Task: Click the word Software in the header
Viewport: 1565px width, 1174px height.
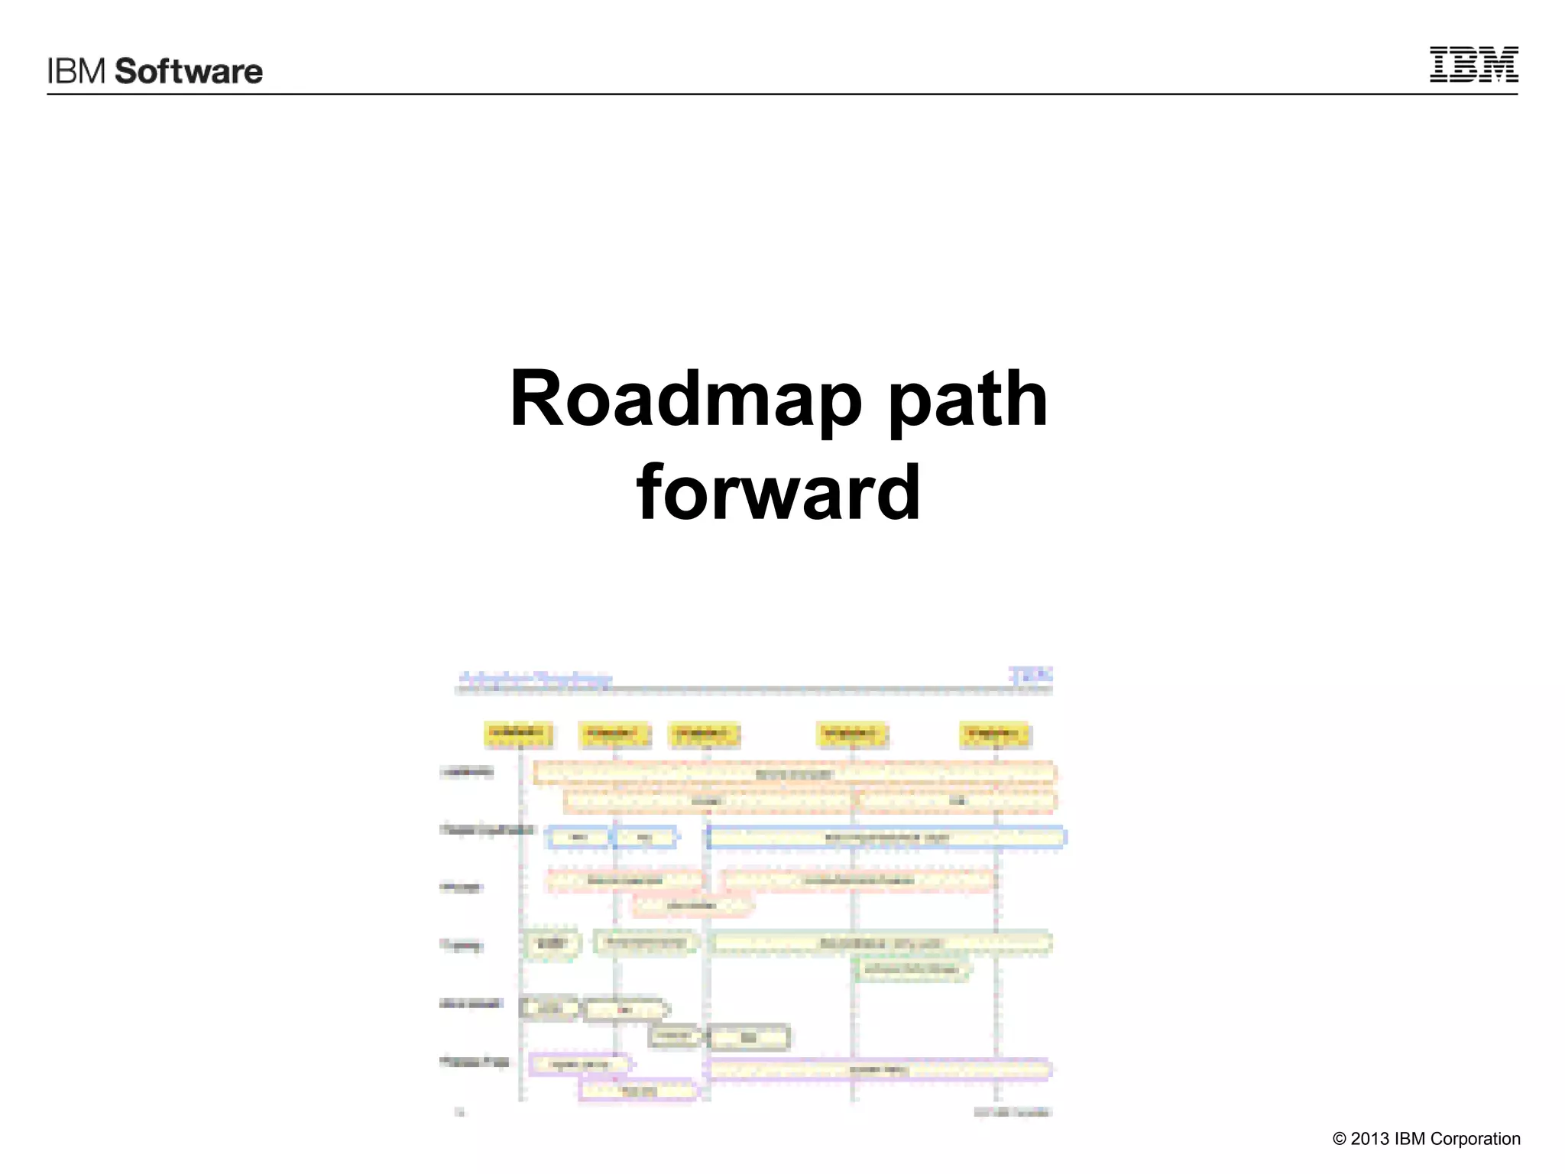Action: (188, 71)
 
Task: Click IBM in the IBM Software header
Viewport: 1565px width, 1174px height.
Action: (76, 71)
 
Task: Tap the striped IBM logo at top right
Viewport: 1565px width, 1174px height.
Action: (1473, 64)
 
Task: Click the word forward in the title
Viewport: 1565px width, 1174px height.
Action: (778, 492)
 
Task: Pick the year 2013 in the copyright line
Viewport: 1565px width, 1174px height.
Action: (1369, 1139)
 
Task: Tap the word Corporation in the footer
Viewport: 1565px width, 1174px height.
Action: (1475, 1139)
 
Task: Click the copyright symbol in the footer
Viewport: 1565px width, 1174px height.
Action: (1339, 1139)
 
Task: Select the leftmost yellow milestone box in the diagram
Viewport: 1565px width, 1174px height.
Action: (518, 734)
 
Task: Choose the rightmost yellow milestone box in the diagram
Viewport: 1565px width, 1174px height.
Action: (994, 734)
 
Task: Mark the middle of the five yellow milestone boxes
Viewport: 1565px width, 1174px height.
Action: (704, 734)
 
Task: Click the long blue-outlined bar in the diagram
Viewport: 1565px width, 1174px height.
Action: (886, 838)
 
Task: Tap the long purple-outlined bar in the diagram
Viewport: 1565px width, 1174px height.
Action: (879, 1069)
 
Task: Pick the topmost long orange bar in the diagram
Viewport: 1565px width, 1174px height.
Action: (795, 773)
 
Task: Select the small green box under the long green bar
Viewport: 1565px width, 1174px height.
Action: (912, 969)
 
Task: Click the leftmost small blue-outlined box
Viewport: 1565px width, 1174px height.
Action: (578, 838)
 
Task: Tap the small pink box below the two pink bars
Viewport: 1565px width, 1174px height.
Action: (692, 906)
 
